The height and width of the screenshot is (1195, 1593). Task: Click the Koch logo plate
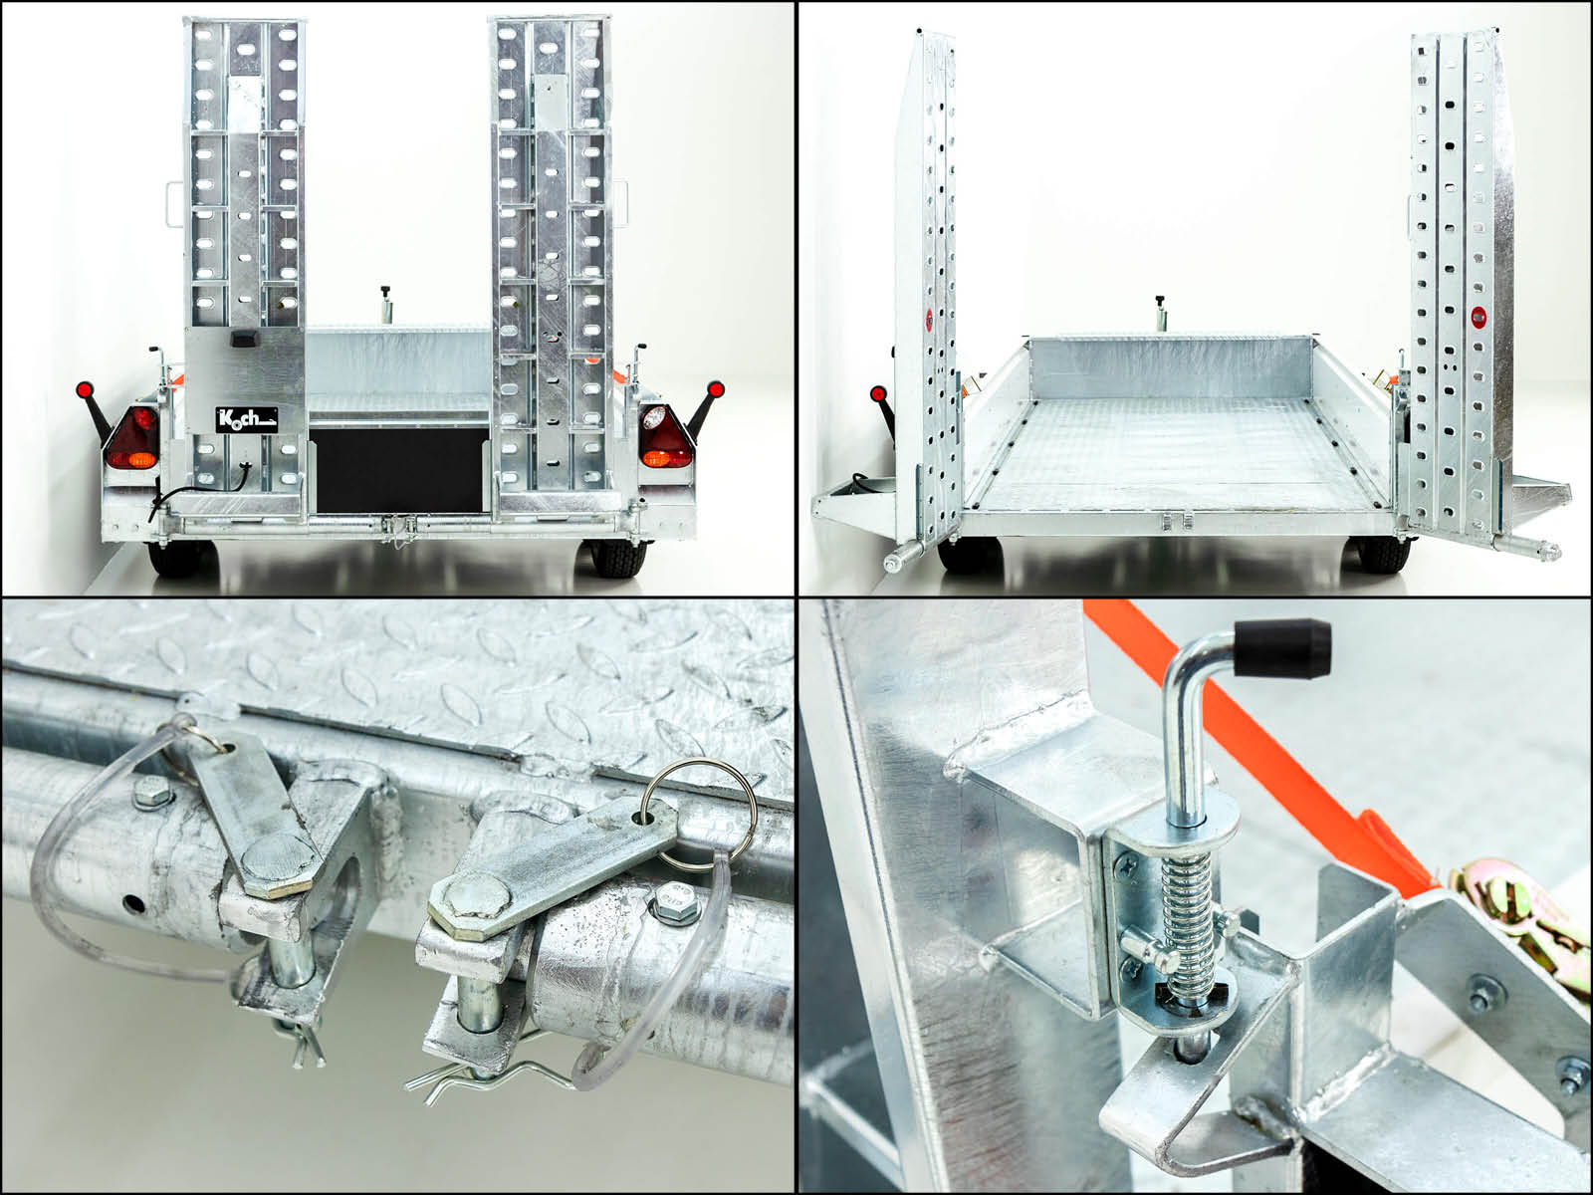click(247, 419)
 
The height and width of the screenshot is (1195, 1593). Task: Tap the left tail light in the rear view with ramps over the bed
click(133, 438)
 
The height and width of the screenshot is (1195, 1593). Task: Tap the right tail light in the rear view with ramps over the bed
click(665, 437)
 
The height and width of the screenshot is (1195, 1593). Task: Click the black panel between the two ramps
click(399, 470)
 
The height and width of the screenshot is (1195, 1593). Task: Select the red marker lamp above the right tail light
click(716, 389)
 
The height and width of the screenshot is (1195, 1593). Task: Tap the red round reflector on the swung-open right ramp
click(1479, 317)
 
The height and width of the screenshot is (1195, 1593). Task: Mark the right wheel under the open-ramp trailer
click(1383, 555)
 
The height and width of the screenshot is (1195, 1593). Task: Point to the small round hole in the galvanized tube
click(133, 903)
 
